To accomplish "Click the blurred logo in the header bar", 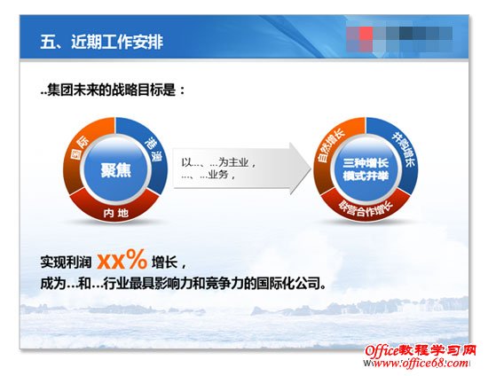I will tap(404, 39).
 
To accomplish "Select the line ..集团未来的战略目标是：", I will tap(113, 90).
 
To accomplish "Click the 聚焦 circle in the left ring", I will tap(115, 169).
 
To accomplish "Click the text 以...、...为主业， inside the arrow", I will tap(219, 162).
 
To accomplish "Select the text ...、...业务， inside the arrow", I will tap(211, 176).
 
